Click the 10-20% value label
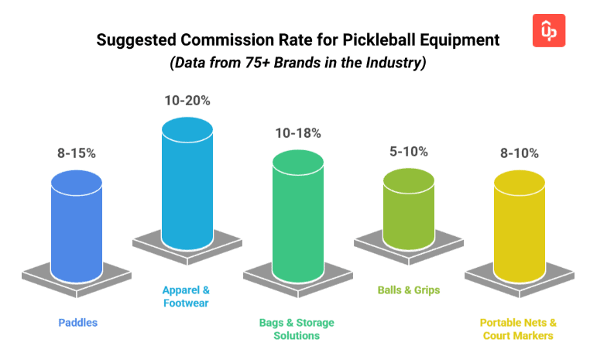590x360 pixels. click(x=187, y=101)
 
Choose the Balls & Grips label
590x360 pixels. click(x=408, y=290)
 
